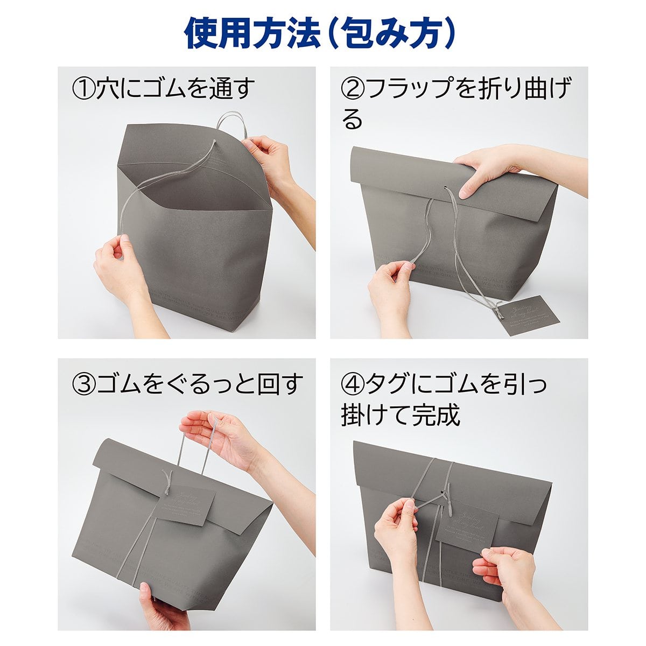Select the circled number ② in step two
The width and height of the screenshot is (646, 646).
click(x=353, y=88)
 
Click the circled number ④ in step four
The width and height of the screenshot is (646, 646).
click(x=353, y=384)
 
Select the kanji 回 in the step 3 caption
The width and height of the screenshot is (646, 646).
click(x=263, y=384)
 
